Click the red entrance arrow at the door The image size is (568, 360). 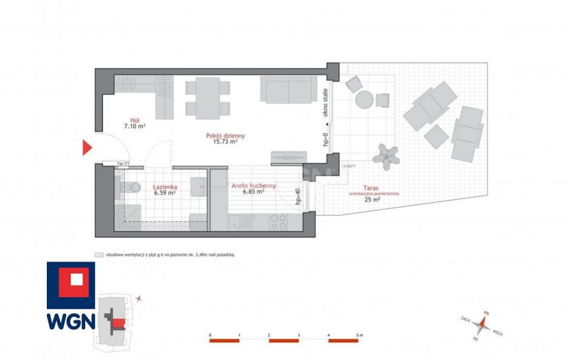click(x=87, y=147)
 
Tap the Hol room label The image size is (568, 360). click(x=134, y=120)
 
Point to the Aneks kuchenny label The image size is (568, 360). click(x=253, y=186)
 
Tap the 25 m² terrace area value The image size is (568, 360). click(x=373, y=199)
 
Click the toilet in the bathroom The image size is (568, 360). click(x=131, y=188)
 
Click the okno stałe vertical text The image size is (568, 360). click(x=326, y=103)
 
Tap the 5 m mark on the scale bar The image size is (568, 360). click(x=359, y=336)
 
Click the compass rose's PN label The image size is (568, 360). click(x=487, y=313)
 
